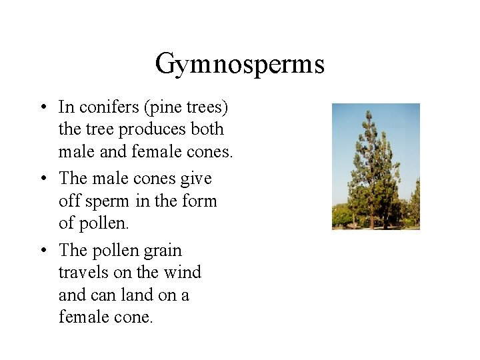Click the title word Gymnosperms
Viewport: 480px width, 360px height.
point(240,64)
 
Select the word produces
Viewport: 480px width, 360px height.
point(152,129)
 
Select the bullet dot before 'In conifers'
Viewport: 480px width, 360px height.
point(41,107)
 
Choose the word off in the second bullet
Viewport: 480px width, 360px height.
point(69,201)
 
